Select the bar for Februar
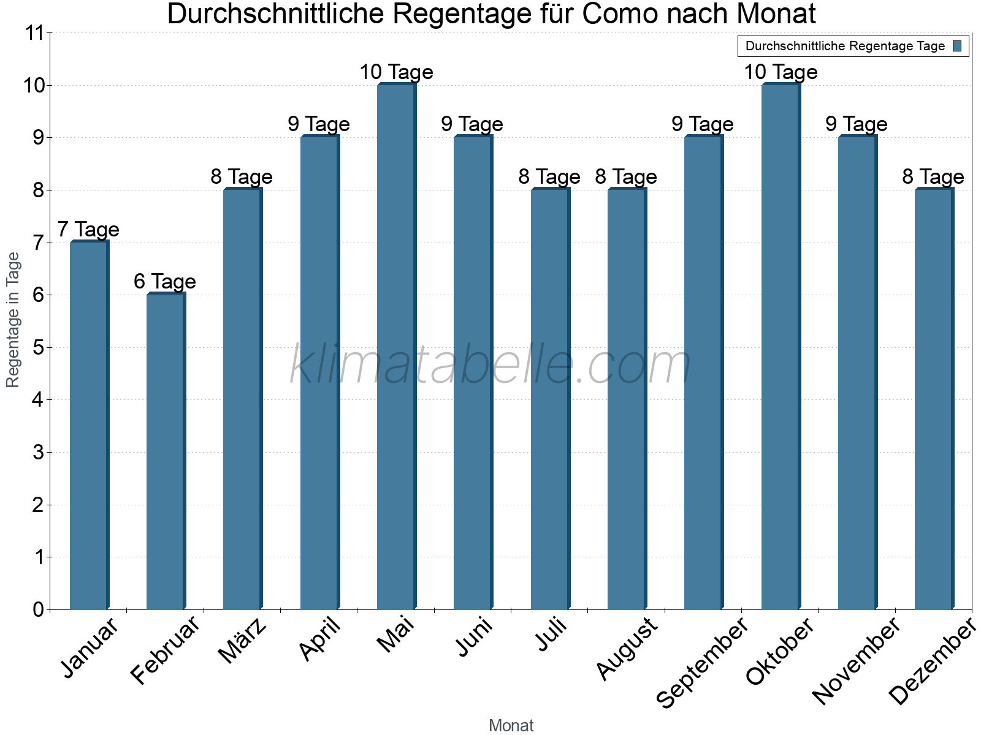coord(166,453)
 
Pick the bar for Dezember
coord(934,398)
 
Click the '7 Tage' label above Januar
coord(88,230)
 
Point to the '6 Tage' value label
coord(165,282)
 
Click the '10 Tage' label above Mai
coord(396,72)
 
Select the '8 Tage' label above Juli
coord(549,177)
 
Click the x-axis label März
coord(243,641)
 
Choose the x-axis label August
coord(627,649)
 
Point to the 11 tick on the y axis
coord(35,33)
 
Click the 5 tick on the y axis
coord(39,348)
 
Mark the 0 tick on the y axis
coord(39,609)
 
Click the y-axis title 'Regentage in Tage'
coord(13,320)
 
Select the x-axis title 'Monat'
coord(511,726)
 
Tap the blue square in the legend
coord(958,46)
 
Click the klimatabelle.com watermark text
coord(490,365)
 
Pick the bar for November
coord(857,374)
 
